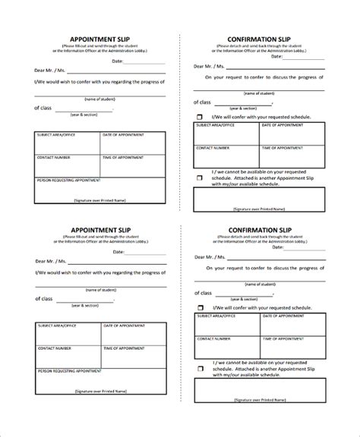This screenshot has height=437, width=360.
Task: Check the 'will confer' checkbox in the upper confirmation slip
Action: tap(200, 117)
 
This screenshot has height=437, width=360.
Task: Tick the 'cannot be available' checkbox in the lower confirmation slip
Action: tap(200, 367)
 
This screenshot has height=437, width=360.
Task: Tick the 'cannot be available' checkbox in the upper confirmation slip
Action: tap(200, 178)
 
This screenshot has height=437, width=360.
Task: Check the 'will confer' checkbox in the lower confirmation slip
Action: tap(200, 308)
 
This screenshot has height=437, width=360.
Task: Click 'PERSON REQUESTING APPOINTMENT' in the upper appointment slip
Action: tap(66, 182)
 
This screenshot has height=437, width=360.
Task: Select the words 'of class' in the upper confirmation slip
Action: tap(203, 101)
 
